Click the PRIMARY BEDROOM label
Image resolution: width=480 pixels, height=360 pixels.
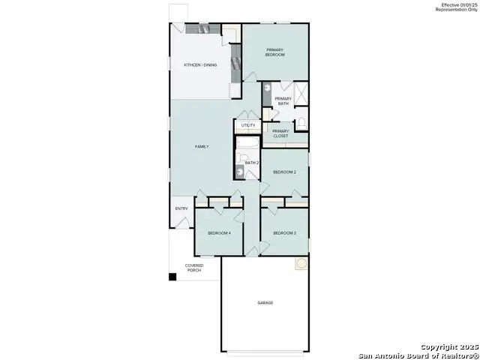275,52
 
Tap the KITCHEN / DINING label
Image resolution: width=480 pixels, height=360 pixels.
200,65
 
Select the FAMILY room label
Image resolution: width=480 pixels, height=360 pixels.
202,146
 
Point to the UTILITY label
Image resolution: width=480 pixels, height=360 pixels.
247,125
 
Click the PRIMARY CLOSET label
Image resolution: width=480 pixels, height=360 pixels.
280,134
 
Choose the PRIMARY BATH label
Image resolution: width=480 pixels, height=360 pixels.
283,101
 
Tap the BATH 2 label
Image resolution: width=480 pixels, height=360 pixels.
251,163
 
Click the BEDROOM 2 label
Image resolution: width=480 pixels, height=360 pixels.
284,172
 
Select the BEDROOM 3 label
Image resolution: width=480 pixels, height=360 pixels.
284,233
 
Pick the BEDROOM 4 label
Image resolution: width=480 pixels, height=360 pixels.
219,233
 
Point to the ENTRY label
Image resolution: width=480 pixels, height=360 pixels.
181,208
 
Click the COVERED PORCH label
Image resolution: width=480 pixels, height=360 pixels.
194,267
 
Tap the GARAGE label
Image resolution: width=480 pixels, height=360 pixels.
265,303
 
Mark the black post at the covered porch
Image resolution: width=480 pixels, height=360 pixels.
172,277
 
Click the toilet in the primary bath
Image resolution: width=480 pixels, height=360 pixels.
301,122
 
